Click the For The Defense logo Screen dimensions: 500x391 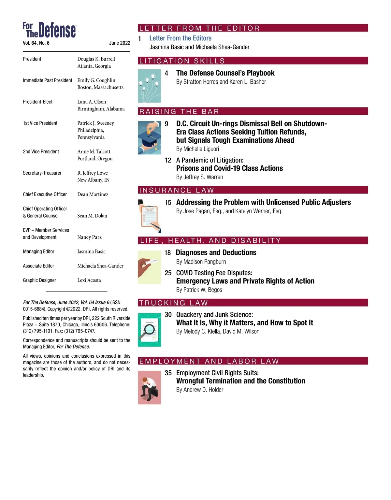click(49, 30)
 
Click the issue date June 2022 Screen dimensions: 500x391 click(120, 43)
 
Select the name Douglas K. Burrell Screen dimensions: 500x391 click(96, 59)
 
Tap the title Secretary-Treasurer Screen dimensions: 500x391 click(42, 173)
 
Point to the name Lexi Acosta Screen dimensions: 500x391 click(89, 280)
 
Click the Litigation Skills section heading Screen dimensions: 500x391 click(182, 61)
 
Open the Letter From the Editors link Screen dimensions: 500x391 click(180, 38)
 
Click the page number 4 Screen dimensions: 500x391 click(167, 73)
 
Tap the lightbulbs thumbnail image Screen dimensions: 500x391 click(149, 86)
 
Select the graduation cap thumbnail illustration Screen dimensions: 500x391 click(149, 137)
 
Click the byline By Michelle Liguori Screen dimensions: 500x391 click(197, 149)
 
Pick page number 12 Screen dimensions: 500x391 click(168, 160)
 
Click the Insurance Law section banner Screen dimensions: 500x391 click(177, 190)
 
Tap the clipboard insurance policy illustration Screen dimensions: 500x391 click(149, 216)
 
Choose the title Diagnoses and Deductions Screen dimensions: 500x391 click(216, 252)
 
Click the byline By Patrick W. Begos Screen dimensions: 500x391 click(199, 290)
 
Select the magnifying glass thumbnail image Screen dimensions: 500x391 click(149, 330)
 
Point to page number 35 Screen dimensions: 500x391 click(168, 373)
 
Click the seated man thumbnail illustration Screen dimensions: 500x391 click(149, 387)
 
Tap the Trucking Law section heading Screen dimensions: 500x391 click(173, 303)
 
